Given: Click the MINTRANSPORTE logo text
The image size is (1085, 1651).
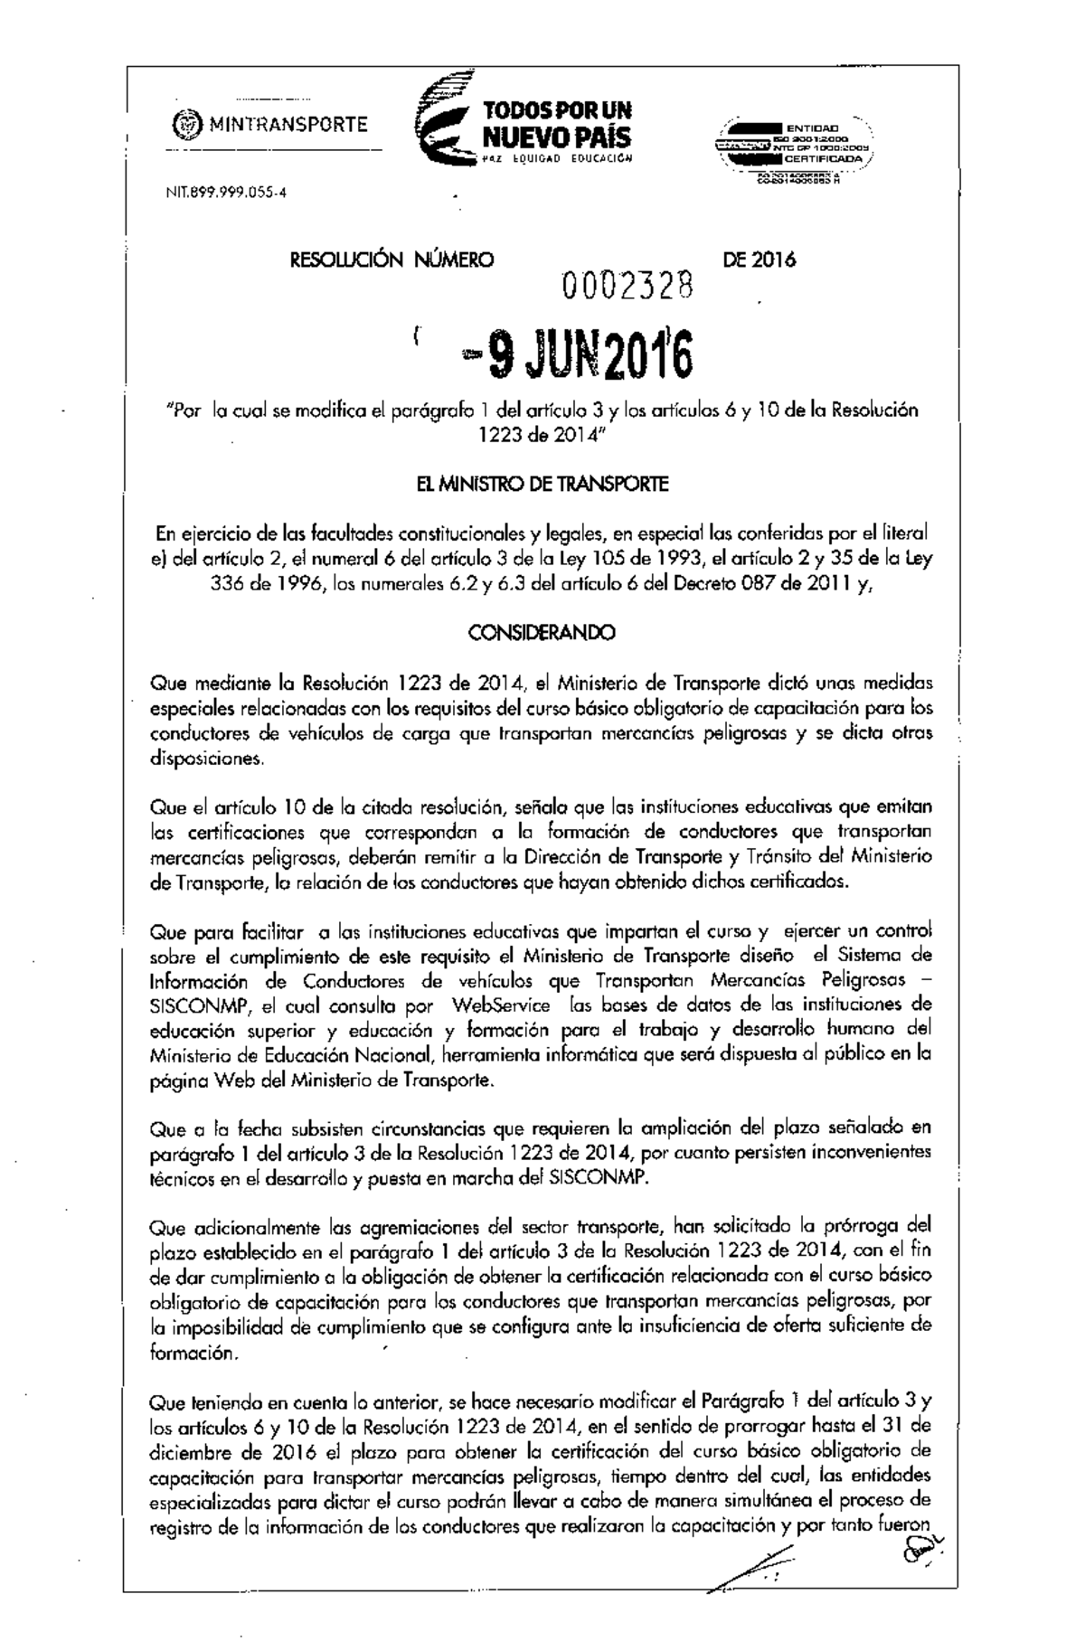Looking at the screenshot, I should click(288, 125).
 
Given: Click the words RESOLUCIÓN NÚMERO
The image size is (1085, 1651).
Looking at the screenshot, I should click(391, 261).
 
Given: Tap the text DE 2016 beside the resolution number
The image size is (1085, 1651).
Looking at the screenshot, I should click(759, 261).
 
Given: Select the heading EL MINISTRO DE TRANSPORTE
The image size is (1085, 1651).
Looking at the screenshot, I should click(539, 485).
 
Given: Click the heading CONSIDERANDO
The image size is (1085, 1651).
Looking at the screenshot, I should click(540, 633).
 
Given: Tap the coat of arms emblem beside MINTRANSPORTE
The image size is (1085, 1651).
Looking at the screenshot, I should click(187, 125).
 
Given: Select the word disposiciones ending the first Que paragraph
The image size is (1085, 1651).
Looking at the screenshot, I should click(205, 759).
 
